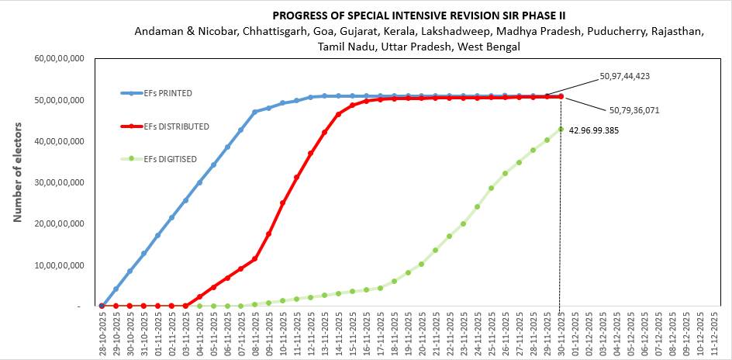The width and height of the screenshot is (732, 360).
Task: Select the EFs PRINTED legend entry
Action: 167,93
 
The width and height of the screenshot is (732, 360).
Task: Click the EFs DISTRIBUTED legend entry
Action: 176,126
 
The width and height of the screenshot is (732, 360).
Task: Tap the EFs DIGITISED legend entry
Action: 170,159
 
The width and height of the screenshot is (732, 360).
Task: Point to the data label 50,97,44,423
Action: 624,77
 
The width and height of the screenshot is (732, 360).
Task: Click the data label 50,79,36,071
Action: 634,110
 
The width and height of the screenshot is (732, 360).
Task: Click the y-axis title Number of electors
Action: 17,171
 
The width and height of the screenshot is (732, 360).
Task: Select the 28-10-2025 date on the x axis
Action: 102,334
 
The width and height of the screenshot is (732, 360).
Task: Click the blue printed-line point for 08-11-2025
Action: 255,112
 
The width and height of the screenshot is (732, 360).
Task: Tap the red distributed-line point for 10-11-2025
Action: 282,202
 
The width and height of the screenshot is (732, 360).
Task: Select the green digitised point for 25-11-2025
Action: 491,188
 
